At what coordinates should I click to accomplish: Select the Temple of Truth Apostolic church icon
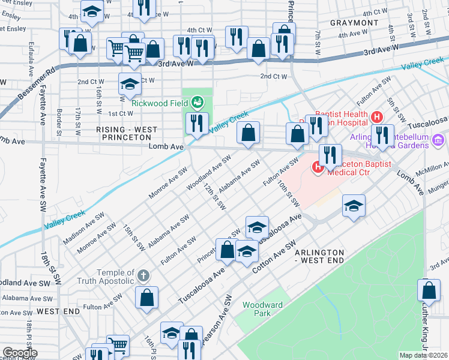point(142,275)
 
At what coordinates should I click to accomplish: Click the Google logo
point(19,353)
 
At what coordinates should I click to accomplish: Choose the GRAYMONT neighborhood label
point(354,23)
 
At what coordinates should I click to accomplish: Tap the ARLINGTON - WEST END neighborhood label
point(319,256)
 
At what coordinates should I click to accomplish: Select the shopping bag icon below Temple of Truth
point(146,297)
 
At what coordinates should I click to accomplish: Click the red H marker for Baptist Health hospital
point(376,116)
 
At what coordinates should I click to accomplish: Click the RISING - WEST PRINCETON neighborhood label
point(127,134)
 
